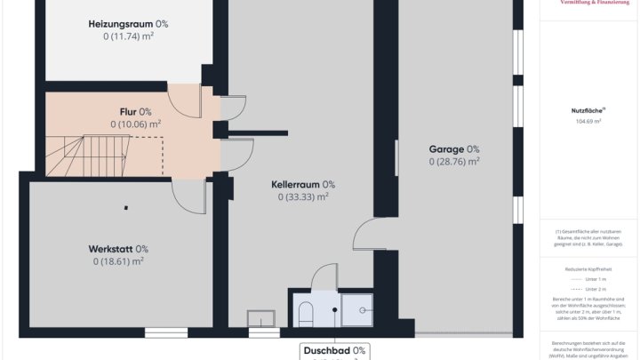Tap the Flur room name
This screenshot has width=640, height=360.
[135, 111]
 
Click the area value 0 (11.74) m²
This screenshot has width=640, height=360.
[128, 36]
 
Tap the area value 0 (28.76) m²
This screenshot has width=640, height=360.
[454, 162]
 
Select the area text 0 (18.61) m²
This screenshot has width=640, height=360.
[117, 261]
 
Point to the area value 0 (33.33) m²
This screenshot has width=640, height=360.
[303, 197]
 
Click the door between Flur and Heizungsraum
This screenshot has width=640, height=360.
[185, 101]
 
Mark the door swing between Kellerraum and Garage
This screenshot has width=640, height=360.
[365, 235]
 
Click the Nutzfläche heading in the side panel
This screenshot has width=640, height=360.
[588, 110]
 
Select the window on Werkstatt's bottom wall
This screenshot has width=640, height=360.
[166, 332]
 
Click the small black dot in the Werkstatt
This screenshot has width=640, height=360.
[126, 208]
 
